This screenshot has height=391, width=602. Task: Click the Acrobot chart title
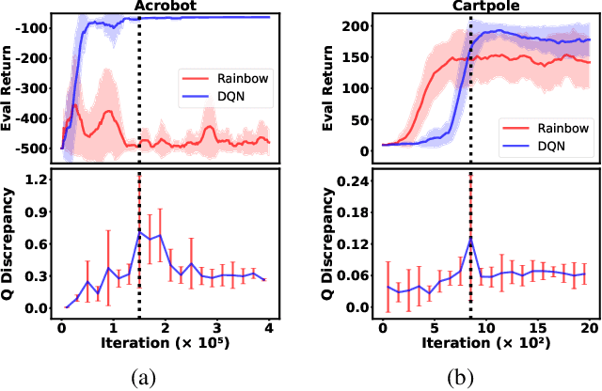[x=165, y=8]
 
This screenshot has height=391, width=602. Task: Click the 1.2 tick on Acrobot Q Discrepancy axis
[x=38, y=179]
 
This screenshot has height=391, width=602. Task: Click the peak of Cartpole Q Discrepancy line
[x=470, y=239]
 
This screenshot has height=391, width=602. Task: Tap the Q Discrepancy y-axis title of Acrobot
[x=11, y=242]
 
